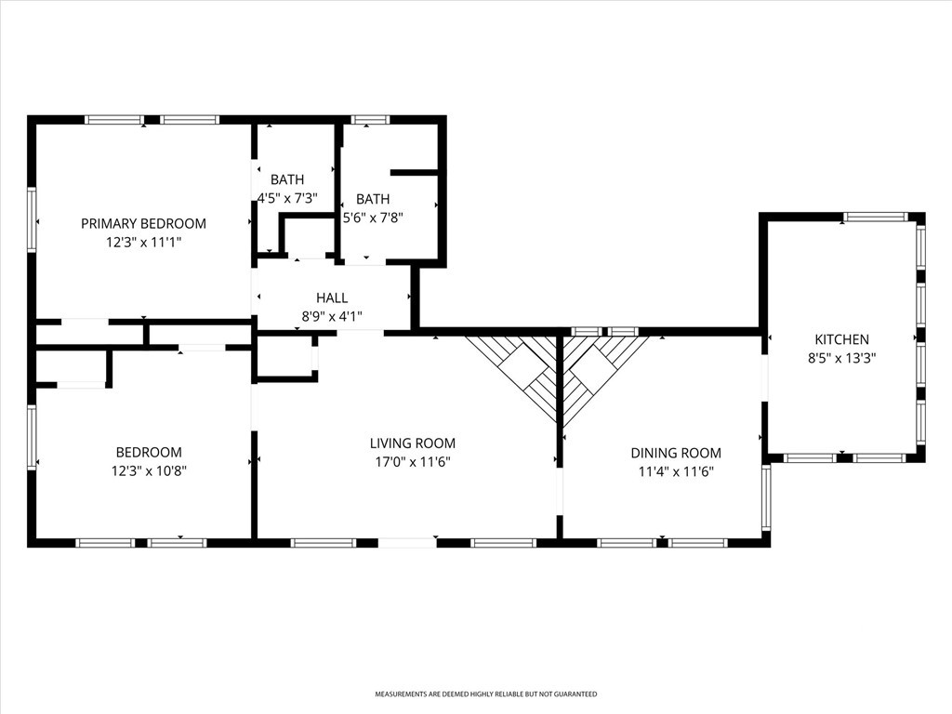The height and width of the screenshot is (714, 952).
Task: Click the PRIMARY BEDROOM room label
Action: click(143, 223)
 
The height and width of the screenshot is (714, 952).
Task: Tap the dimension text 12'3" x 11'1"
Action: click(144, 243)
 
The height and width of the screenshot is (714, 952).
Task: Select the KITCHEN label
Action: click(841, 339)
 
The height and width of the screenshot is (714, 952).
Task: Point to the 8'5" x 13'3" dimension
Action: click(841, 358)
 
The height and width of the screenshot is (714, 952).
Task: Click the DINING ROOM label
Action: click(676, 453)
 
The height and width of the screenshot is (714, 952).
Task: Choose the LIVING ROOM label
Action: click(413, 443)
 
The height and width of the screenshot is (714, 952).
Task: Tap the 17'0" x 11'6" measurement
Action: click(413, 462)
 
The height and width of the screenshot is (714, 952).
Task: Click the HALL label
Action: click(332, 297)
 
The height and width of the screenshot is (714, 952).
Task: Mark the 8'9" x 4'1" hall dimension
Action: click(332, 316)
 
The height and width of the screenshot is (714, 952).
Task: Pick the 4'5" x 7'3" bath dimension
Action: click(288, 198)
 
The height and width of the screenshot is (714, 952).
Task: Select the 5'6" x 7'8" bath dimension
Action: click(373, 218)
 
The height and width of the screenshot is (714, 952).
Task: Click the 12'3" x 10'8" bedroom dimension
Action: click(149, 470)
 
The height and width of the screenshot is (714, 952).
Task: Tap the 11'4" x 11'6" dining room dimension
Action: click(676, 471)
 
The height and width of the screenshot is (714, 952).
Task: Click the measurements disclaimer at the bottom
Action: click(485, 694)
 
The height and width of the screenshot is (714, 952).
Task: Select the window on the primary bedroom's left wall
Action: click(32, 219)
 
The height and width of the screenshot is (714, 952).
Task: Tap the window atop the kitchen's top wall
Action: click(876, 217)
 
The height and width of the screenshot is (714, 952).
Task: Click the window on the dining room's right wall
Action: click(766, 497)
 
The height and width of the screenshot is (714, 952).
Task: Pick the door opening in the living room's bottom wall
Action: click(407, 543)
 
